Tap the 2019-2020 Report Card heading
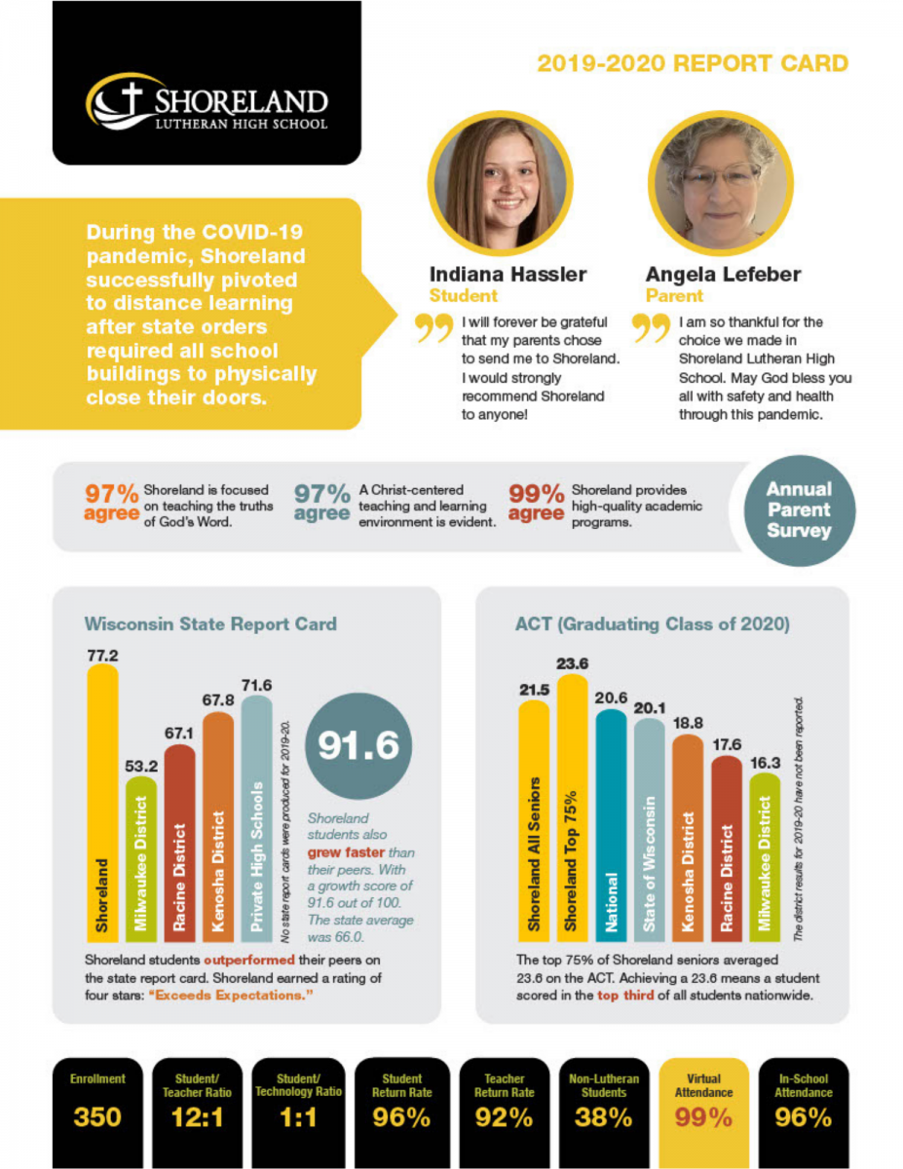(x=692, y=64)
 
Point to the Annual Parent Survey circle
(x=798, y=510)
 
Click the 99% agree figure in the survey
(x=537, y=503)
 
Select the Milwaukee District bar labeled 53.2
(x=140, y=857)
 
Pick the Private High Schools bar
(x=256, y=818)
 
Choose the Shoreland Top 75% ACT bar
(x=572, y=809)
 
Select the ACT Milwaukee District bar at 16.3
(x=765, y=857)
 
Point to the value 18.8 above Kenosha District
(x=688, y=722)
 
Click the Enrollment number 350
(x=97, y=1117)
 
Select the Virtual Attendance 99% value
(x=704, y=1117)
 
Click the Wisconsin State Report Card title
(x=209, y=623)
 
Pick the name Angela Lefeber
(x=723, y=275)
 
